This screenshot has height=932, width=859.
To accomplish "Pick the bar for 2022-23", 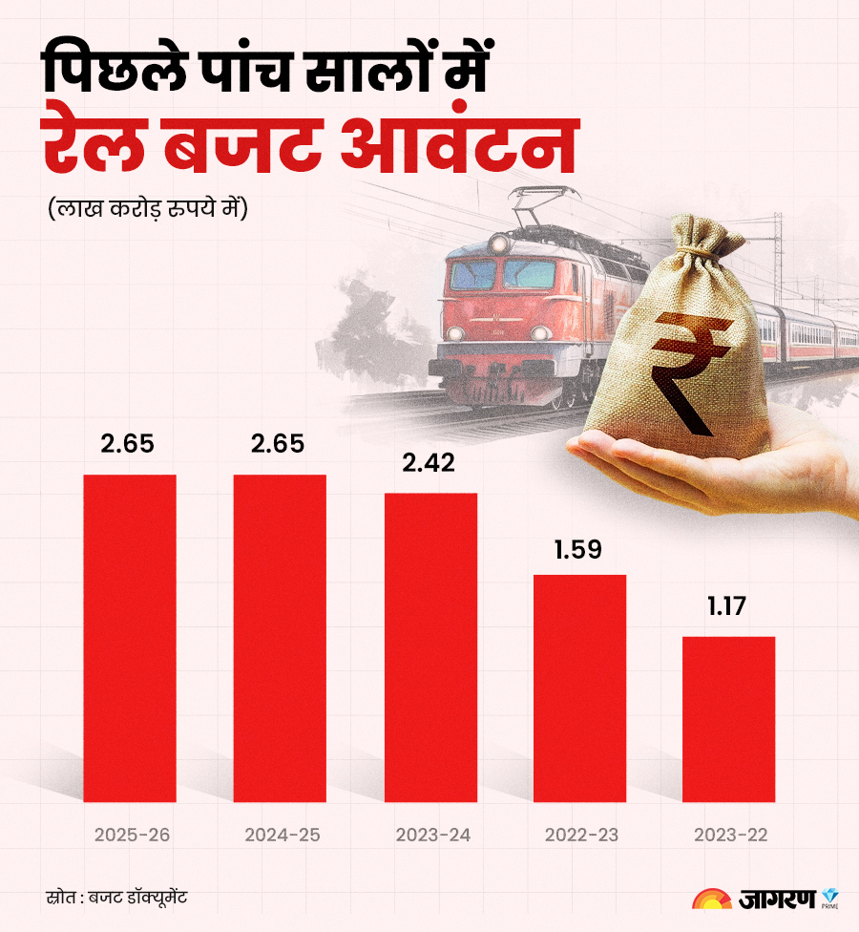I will coord(579,688).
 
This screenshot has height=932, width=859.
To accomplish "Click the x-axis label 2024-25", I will coord(282,835).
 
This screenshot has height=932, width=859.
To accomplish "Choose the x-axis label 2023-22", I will coord(730,835).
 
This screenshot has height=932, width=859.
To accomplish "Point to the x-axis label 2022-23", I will coord(581,835).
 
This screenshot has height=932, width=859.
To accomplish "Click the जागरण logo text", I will coord(776,900).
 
